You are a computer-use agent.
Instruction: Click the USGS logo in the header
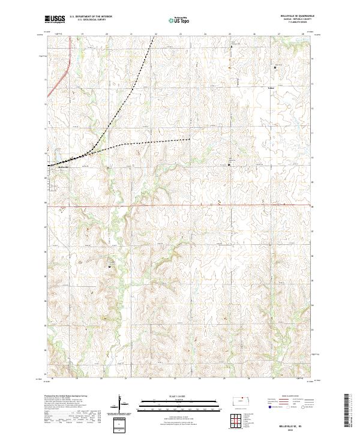[55, 20]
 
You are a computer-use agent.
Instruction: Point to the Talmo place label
[271, 88]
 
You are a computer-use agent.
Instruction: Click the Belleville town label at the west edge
[56, 167]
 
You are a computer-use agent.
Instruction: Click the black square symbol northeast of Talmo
[275, 68]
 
